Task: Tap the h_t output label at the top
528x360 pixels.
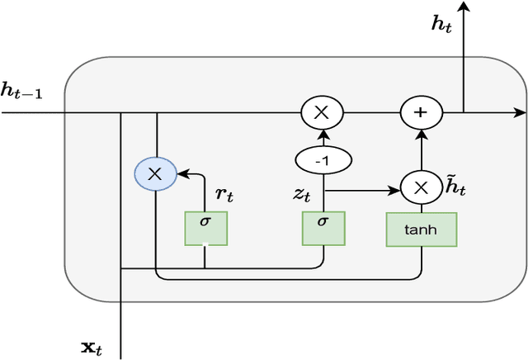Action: pos(441,24)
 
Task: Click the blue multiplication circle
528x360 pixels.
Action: pos(155,173)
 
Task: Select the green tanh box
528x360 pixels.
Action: pos(421,230)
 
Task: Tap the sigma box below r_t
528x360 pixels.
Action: pos(205,226)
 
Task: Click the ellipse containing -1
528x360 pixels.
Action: pos(323,160)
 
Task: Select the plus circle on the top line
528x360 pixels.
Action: pos(422,111)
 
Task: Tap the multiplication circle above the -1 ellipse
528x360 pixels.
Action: pos(323,111)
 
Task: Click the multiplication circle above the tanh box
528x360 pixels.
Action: pos(422,188)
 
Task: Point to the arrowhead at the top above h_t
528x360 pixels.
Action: pos(464,7)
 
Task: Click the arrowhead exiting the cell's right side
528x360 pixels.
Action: pos(520,111)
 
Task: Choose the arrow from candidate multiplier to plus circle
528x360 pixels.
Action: pos(422,149)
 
